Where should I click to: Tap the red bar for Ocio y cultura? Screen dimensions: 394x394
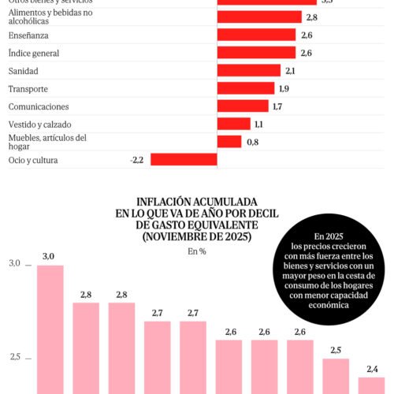(x=184, y=160)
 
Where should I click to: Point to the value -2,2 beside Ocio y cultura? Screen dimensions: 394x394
(x=136, y=160)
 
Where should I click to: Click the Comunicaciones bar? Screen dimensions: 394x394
(x=243, y=106)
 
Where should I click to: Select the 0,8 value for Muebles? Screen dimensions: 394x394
(x=252, y=142)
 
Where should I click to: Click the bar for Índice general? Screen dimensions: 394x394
(x=256, y=53)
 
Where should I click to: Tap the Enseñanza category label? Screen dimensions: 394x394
(x=30, y=35)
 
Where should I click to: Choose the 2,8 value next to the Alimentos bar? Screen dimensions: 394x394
(x=311, y=17)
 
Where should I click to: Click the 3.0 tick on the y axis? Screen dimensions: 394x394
(x=15, y=263)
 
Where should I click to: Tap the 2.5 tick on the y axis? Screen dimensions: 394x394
(x=15, y=357)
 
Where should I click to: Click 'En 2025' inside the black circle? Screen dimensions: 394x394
(x=329, y=236)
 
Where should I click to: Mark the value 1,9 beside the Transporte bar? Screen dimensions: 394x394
(x=284, y=88)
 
